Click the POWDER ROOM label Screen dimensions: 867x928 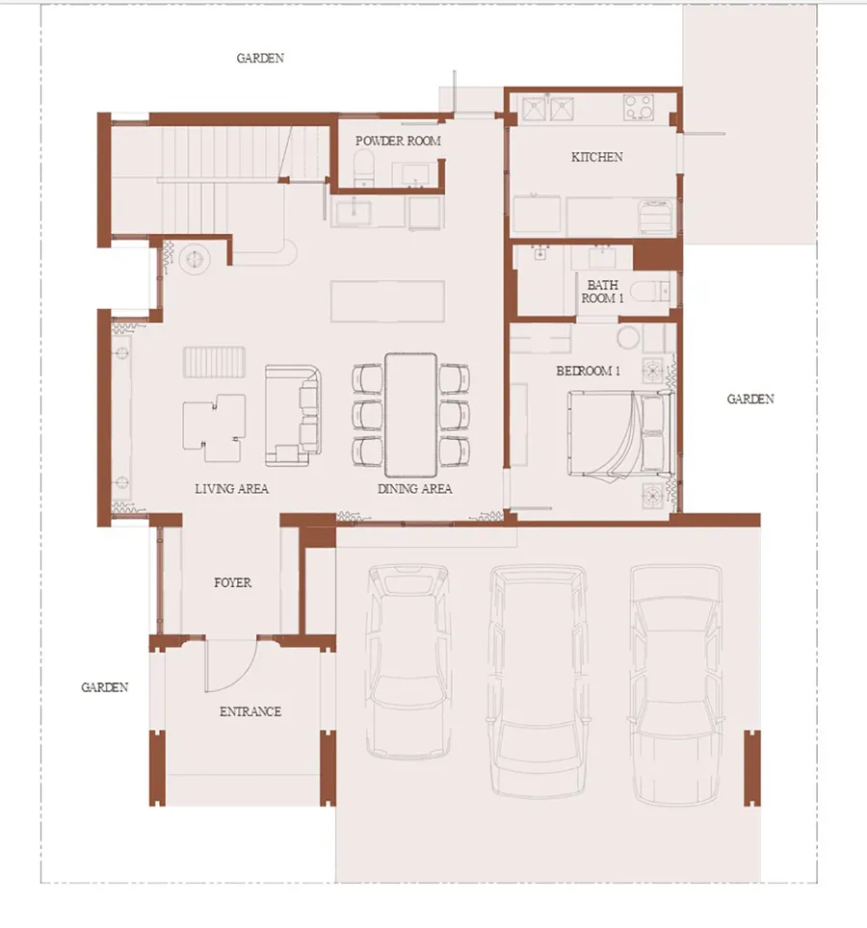click(x=398, y=141)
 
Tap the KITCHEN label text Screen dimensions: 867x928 click(x=597, y=157)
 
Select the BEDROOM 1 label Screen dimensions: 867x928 click(x=588, y=371)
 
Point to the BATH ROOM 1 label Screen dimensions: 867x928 click(x=602, y=292)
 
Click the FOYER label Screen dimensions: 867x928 click(x=233, y=583)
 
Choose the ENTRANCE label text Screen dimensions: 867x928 click(x=250, y=711)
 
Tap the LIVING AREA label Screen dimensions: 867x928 click(x=231, y=489)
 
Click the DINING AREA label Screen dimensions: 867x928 click(x=414, y=489)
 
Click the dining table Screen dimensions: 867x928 click(x=411, y=415)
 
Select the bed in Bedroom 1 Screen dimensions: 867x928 click(x=621, y=433)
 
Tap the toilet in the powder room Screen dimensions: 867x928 click(x=363, y=167)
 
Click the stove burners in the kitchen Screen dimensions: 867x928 click(x=639, y=108)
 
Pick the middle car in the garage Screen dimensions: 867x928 click(x=539, y=681)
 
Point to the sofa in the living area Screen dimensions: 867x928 click(x=293, y=416)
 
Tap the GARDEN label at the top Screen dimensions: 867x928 click(x=260, y=58)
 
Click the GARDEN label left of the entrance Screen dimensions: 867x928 click(x=105, y=687)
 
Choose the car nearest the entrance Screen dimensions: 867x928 click(x=407, y=659)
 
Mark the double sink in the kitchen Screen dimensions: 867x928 click(x=548, y=109)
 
